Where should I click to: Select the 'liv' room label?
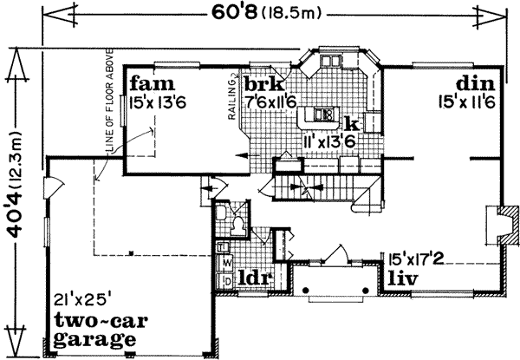tap(405, 278)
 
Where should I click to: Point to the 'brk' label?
tap(259, 85)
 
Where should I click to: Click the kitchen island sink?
tap(325, 113)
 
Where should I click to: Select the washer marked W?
tap(227, 261)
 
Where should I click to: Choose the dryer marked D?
tap(227, 279)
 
